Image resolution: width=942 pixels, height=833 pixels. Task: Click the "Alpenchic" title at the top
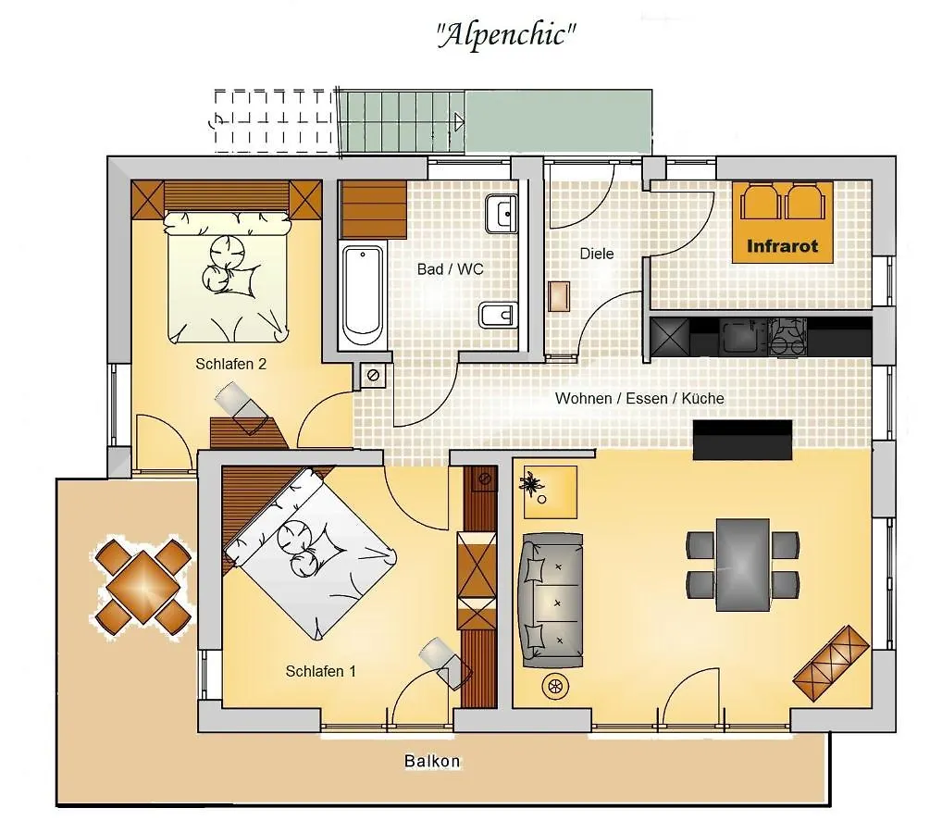[506, 34]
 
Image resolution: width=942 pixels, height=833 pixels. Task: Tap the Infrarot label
[782, 246]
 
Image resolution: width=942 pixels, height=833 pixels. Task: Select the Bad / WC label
[450, 269]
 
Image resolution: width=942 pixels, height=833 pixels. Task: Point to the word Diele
[597, 254]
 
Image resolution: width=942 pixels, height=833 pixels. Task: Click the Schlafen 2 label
[230, 364]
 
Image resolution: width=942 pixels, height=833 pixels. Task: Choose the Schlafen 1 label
[321, 671]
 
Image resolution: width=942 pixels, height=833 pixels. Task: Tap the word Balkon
[432, 761]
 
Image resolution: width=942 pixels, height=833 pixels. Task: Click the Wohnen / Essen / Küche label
[639, 399]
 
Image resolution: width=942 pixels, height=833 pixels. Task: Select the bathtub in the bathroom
[362, 295]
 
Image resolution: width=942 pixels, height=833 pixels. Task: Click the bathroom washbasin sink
[501, 214]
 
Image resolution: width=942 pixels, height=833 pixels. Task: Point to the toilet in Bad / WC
[498, 316]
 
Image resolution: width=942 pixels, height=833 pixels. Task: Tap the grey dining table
[742, 565]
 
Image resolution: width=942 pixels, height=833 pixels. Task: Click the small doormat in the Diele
[559, 296]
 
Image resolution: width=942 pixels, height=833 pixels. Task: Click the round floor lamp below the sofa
[555, 686]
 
